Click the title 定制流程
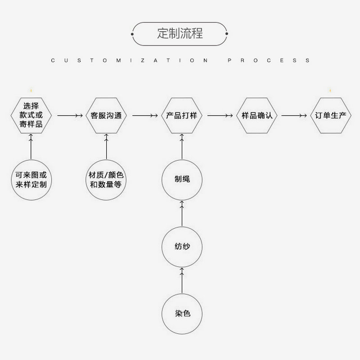180,34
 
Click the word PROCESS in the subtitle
268,60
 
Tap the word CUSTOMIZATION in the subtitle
130,60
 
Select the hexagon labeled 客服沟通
106,116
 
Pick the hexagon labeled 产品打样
182,116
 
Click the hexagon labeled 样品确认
257,116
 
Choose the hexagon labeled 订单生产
331,116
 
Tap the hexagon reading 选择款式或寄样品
31,116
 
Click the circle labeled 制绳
182,180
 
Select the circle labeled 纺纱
182,246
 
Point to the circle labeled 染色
182,313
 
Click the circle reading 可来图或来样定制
31,180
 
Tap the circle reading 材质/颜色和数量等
106,180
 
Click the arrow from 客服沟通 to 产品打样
145,116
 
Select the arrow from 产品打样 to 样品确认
220,116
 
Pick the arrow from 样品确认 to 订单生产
294,116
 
